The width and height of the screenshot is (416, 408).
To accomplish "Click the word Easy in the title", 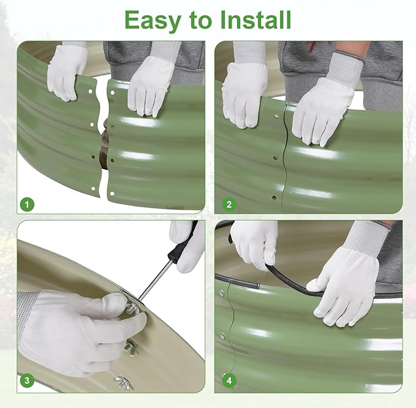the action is pos(153,21).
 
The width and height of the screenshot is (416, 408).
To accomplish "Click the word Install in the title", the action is pos(255,20).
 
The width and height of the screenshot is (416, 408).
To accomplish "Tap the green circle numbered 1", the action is pos(27,205).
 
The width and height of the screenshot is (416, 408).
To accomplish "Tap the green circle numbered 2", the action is pos(229,205).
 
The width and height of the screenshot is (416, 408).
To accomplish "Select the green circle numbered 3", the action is pos(27,380).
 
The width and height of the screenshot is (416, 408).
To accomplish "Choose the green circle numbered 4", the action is pos(229,380).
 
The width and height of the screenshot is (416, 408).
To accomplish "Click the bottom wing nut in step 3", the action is pos(123,382).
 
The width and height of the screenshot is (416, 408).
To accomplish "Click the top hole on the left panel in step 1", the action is pos(91,92).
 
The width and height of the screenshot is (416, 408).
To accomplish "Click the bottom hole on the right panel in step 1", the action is pos(112,194).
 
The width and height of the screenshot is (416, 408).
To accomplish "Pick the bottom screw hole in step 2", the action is pos(274,198).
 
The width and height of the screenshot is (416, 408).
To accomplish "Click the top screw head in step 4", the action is pos(222,293).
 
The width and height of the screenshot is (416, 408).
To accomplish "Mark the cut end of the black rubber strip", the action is pos(257,286).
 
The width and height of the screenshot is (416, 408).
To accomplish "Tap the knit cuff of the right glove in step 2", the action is pos(345,68).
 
